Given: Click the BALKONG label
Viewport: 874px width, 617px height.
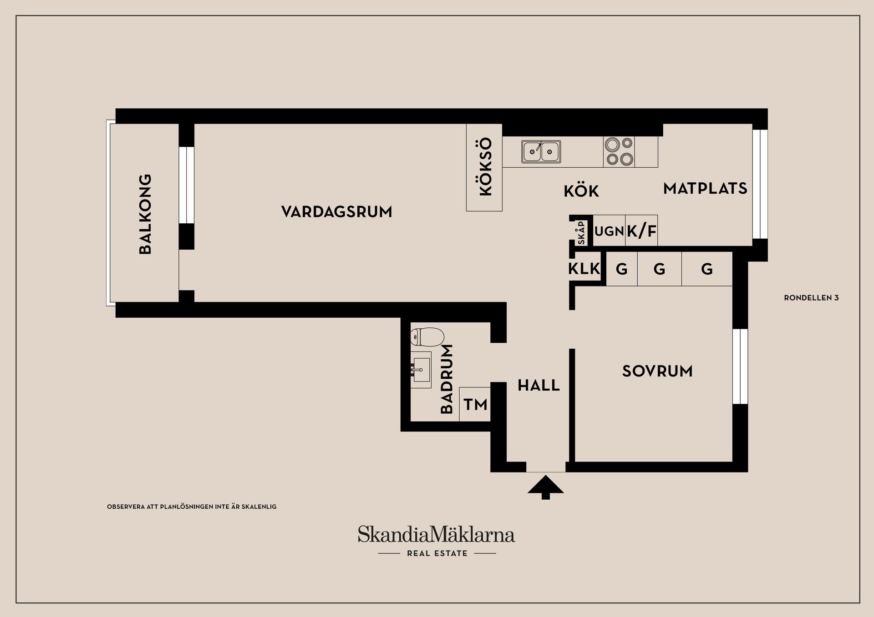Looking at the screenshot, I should pos(145,214).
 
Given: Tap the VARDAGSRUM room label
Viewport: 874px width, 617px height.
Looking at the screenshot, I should pos(336,212).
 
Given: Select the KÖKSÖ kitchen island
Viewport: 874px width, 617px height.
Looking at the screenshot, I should pos(484,167).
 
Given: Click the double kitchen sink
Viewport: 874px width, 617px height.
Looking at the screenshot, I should pos(541,151).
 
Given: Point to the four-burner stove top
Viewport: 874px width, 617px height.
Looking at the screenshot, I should pos(619,151).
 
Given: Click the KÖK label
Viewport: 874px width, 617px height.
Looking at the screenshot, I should pos(581,191).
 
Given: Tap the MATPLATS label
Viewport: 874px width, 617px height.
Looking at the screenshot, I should pos(705,188).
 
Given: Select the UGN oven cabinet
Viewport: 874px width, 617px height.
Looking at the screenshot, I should pos(609,231).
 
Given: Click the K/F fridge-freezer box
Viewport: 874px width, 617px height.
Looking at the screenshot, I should pos(641,231).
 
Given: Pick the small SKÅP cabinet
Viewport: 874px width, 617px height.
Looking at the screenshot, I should pos(581,233).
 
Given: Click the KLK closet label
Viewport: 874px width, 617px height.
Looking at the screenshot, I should pos(584,269).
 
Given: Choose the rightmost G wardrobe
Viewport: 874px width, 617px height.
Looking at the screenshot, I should pos(706,269).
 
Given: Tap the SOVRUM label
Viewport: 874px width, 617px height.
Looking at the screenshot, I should pos(657,371).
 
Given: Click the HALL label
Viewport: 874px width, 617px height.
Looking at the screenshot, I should pos(539,386).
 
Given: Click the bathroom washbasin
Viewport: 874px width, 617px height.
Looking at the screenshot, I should pos(421,370).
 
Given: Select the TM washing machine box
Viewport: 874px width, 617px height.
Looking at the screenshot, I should pos(475,404).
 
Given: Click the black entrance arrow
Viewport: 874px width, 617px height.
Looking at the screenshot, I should pos(545,487).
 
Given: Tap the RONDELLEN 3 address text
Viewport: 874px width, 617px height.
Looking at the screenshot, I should pos(811,298).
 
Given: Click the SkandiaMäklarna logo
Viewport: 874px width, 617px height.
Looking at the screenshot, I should pos(436,535).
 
